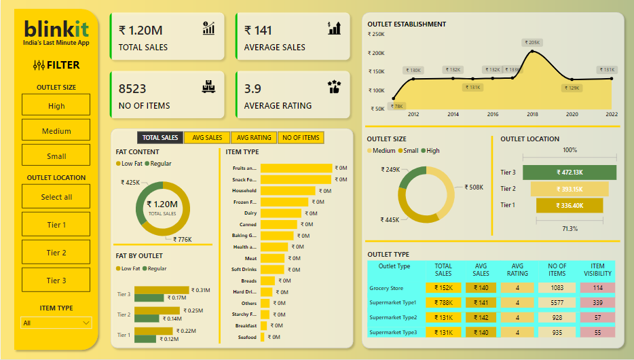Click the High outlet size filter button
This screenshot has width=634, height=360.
(x=56, y=105)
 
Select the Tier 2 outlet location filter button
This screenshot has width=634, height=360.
(x=56, y=253)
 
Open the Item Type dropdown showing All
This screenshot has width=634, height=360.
(x=56, y=323)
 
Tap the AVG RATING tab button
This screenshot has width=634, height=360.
(x=254, y=138)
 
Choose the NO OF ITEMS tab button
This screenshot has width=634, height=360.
(x=301, y=138)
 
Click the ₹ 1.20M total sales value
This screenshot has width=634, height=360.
(x=141, y=31)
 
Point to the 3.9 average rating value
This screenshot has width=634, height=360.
(x=253, y=89)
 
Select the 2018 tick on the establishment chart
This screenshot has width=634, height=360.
(x=533, y=115)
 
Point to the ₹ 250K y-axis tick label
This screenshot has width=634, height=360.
(x=376, y=34)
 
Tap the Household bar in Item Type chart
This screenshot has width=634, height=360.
(x=288, y=191)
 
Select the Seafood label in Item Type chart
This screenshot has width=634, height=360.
(x=247, y=338)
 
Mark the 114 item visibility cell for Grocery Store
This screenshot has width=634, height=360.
(x=597, y=288)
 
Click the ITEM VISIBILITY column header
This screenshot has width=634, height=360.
(x=597, y=270)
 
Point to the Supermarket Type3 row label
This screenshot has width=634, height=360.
(x=392, y=332)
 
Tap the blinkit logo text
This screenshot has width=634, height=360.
(x=56, y=29)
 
